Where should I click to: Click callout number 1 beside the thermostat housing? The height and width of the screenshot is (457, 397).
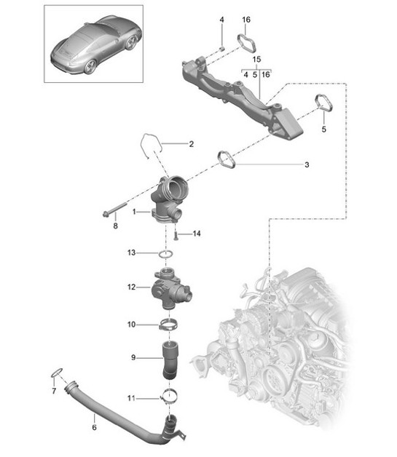click(x=135, y=211)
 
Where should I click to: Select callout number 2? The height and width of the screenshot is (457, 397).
click(x=191, y=144)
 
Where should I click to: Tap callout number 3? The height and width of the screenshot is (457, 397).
click(x=307, y=165)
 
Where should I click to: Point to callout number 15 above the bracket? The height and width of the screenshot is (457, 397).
click(x=256, y=58)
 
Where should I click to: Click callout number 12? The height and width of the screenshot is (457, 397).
click(x=132, y=287)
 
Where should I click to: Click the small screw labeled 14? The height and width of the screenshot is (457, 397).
click(x=176, y=234)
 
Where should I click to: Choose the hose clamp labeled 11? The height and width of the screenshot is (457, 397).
click(x=169, y=397)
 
